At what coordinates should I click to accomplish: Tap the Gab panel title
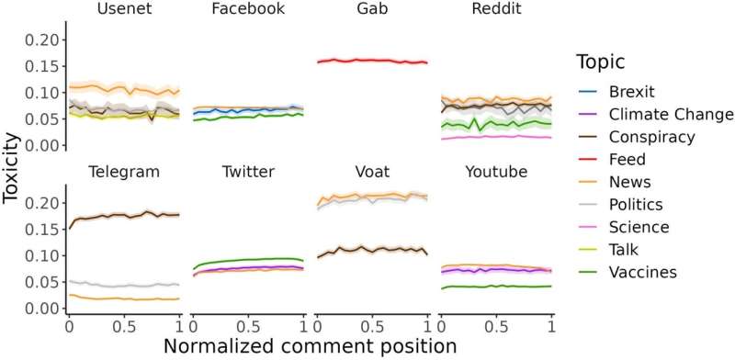[372, 10]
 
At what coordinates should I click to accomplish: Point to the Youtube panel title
[496, 172]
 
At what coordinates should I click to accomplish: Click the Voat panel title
[372, 172]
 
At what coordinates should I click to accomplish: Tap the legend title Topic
[602, 62]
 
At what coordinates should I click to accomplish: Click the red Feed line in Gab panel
[372, 61]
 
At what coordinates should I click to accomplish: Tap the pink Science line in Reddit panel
[496, 137]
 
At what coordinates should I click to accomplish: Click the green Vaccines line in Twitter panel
[248, 260]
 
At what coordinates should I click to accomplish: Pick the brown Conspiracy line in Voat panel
[372, 249]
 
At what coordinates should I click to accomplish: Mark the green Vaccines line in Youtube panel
[496, 287]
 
